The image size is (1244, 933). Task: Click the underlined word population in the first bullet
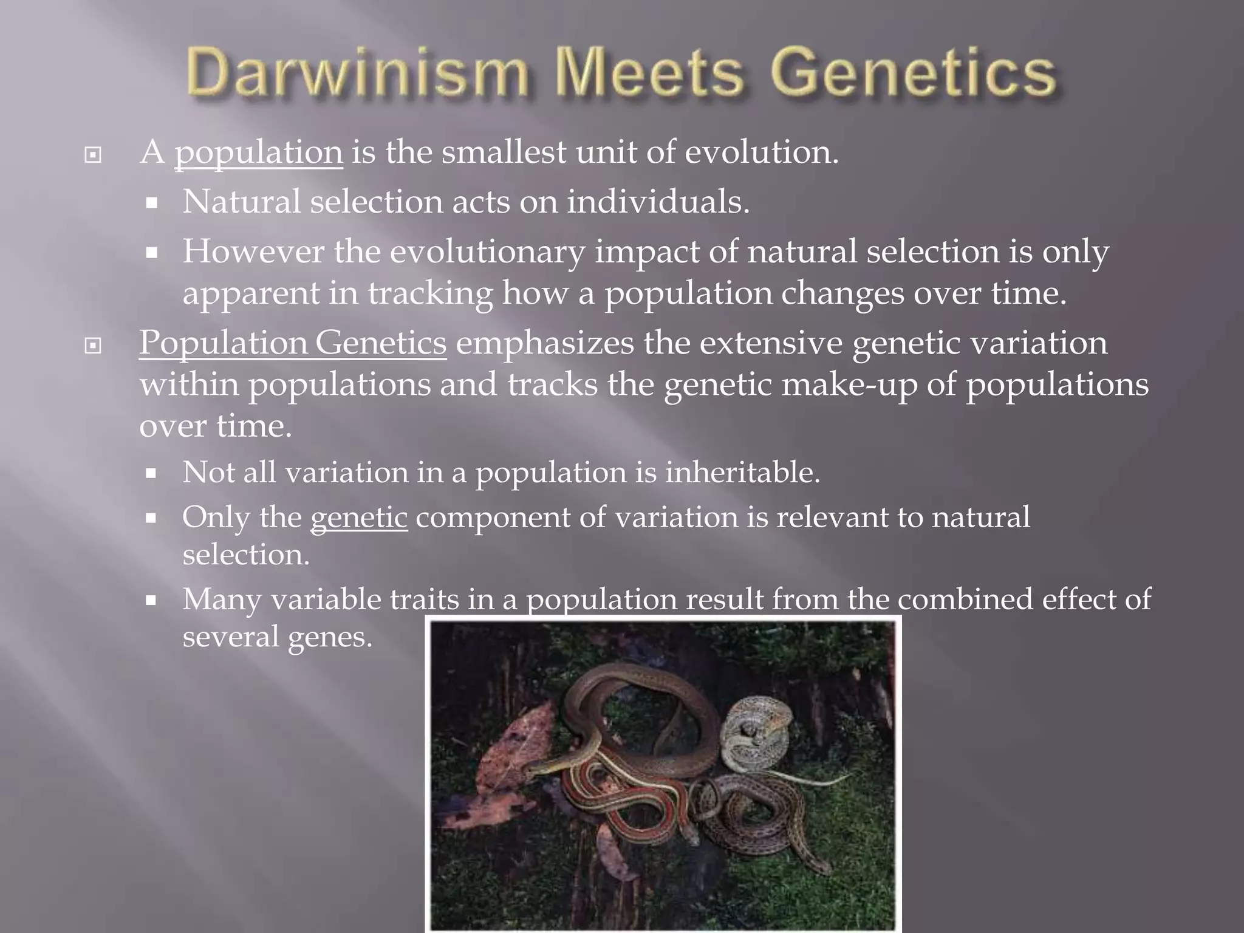259,152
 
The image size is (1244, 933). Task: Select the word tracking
430,293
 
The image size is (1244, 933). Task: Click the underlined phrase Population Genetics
293,343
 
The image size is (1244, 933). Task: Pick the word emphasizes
545,343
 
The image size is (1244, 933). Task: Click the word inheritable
742,472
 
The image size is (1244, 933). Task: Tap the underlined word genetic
359,518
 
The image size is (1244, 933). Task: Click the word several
231,637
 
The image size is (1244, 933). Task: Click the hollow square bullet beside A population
93,155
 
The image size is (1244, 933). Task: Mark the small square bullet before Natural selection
152,203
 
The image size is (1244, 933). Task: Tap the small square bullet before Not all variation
152,473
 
